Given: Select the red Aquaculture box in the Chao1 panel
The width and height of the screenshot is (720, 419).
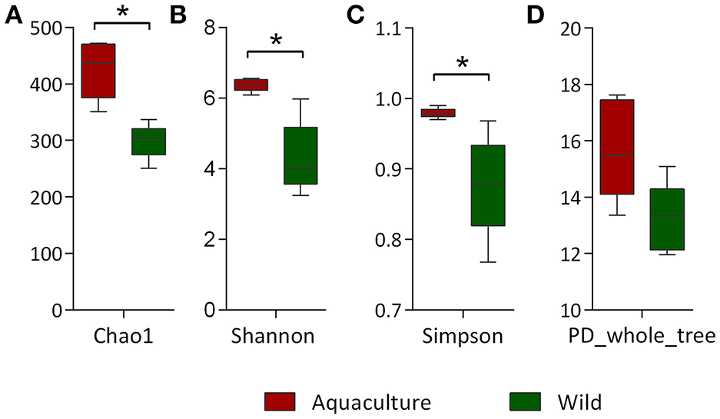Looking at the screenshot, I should [98, 71].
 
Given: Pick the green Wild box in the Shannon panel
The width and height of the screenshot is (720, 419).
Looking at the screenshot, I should [301, 156].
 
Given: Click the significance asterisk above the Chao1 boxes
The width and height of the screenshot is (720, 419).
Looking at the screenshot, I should [121, 12].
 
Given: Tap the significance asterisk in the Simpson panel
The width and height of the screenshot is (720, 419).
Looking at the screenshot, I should [462, 62].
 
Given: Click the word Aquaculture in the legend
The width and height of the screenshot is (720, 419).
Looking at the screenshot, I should [372, 401].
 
